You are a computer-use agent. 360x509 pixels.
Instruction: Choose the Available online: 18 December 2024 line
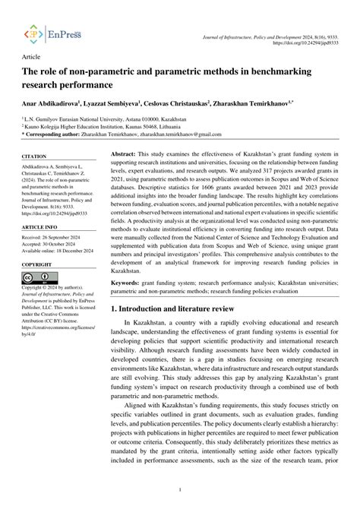60,253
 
